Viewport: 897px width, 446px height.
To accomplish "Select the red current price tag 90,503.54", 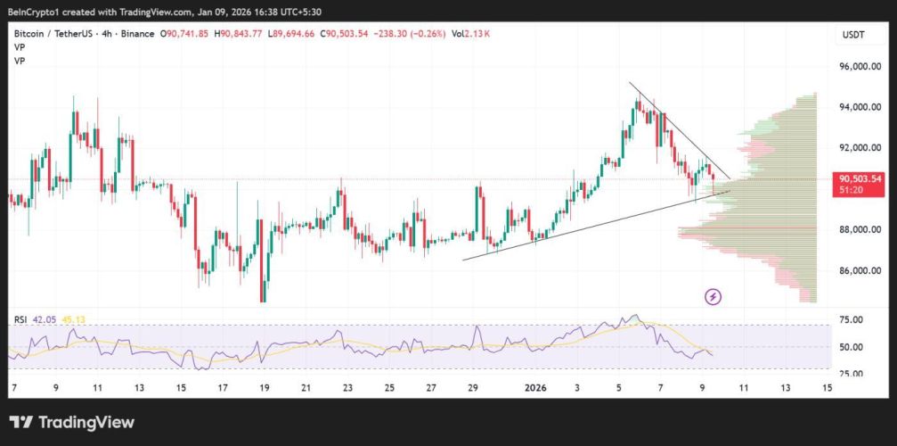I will (x=860, y=178).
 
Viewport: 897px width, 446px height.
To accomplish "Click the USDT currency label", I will (x=853, y=35).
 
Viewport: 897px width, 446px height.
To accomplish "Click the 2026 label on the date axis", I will (x=535, y=387).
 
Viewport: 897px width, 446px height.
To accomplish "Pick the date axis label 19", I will (x=265, y=387).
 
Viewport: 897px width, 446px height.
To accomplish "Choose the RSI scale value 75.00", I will (x=852, y=319).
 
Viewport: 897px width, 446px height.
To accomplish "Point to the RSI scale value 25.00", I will (x=852, y=373).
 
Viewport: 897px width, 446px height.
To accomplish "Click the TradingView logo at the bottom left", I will (x=72, y=422).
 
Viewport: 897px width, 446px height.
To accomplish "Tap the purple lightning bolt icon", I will (x=713, y=296).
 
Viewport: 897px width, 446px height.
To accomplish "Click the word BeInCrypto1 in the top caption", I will (x=34, y=12).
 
